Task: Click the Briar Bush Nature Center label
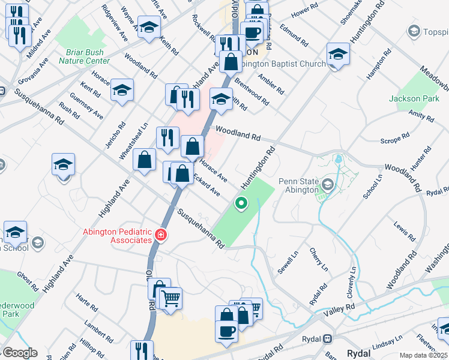(x=84, y=56)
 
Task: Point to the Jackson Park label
(x=414, y=98)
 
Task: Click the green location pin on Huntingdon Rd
(x=241, y=203)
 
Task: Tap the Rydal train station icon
(x=328, y=339)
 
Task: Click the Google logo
(x=20, y=353)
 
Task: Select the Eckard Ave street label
(x=206, y=185)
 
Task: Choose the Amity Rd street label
(x=421, y=115)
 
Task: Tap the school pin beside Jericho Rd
(x=122, y=91)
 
